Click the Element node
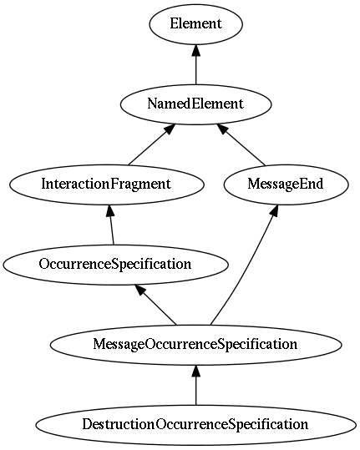click(195, 24)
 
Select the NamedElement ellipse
click(195, 104)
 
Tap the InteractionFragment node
click(107, 185)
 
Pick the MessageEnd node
click(286, 185)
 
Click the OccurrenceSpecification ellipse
click(116, 265)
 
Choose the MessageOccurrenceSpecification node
click(195, 345)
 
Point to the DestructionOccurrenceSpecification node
click(195, 425)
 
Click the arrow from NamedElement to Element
click(195, 64)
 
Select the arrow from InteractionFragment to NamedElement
click(151, 144)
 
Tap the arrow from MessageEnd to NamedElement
click(241, 144)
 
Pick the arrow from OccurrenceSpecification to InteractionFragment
click(111, 225)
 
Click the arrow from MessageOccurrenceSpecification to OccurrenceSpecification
click(156, 305)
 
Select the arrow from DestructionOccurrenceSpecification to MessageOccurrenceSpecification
click(195, 385)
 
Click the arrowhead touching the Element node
click(195, 50)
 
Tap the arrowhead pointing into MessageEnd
click(274, 210)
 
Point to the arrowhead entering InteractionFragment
click(110, 211)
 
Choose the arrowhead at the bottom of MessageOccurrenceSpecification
click(195, 371)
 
